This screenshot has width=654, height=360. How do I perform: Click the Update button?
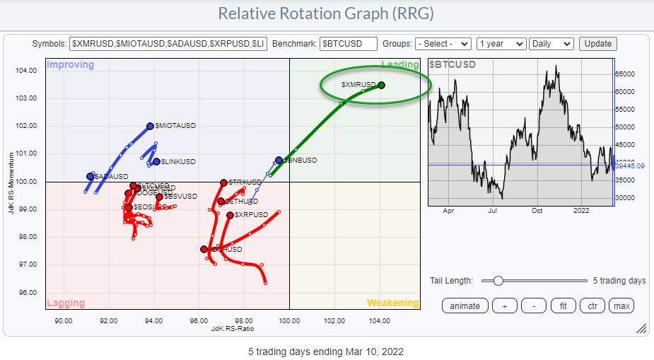(597, 44)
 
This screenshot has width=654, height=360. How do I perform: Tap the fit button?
(564, 306)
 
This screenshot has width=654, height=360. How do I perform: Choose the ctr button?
(592, 306)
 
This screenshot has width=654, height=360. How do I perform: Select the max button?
(621, 306)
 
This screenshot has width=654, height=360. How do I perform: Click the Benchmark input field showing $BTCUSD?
(348, 44)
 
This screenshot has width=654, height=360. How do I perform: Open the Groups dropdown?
(443, 44)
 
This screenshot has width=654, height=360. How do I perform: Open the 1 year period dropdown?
(501, 44)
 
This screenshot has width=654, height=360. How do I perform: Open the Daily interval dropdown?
(552, 44)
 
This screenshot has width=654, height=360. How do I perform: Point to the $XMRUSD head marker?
(382, 85)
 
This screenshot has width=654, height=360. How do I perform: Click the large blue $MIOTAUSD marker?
(150, 126)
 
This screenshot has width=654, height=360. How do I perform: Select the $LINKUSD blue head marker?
(156, 161)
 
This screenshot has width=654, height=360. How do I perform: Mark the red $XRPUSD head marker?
(230, 215)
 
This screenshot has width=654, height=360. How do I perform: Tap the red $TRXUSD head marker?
(223, 182)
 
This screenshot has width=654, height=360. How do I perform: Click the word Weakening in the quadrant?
(392, 303)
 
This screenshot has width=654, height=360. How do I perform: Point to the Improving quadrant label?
(70, 65)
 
